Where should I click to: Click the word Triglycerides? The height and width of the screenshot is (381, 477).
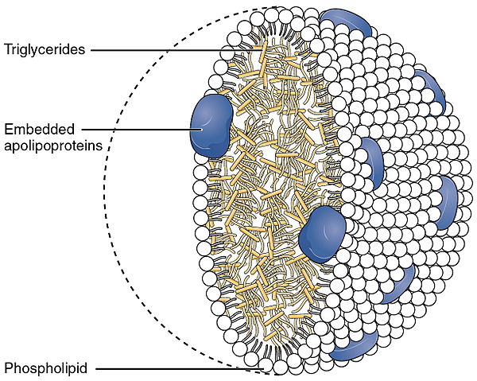point(45,49)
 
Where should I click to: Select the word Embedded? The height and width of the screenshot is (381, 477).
point(39,130)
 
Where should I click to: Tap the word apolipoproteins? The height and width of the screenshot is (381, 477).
point(53,146)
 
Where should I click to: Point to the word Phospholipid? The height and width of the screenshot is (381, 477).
point(45,368)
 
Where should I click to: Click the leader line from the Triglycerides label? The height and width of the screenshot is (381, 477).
point(177,50)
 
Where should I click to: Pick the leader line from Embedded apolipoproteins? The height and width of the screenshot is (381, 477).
point(142,130)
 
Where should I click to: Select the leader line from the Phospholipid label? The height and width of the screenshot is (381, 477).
point(179,369)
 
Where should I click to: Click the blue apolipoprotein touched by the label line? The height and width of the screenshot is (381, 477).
point(211,126)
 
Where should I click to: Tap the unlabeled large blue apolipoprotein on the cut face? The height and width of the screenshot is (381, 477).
point(322,235)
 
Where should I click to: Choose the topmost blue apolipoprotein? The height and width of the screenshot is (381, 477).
point(347,22)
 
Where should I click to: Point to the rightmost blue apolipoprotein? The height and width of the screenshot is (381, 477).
point(447,203)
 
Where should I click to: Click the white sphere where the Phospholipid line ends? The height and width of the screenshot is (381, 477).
point(266,366)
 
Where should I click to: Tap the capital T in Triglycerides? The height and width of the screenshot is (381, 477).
point(9,49)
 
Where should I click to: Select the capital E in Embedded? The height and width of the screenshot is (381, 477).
point(9,130)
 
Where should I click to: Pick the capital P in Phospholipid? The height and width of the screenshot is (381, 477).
point(9,367)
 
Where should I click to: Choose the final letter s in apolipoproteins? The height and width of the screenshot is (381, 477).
point(99,146)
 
